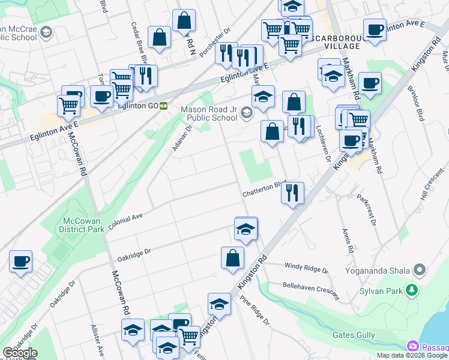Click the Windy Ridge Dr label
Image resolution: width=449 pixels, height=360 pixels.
[303, 265]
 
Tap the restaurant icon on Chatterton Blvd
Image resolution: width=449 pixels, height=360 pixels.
[292, 193]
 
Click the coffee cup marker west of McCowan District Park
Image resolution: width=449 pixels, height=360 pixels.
[21, 261]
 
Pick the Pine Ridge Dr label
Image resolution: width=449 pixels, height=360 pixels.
[255, 311]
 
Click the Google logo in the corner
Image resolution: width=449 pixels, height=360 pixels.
[19, 353]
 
